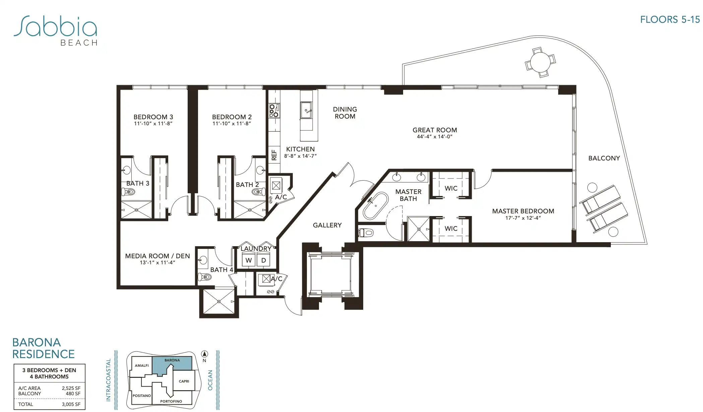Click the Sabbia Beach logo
[56, 30]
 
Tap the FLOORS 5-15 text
[670, 20]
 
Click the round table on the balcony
[540, 62]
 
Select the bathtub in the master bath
[376, 206]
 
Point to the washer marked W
[249, 260]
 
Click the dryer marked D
[264, 260]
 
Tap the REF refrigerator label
[274, 155]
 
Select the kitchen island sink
[306, 110]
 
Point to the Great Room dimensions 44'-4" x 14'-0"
[435, 137]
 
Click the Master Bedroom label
[523, 211]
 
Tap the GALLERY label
[327, 225]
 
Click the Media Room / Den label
[157, 256]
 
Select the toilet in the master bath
[366, 232]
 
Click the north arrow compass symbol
[204, 354]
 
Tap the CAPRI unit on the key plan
[184, 381]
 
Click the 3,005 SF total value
[71, 404]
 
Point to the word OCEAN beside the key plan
[210, 380]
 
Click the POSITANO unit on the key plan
[142, 396]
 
